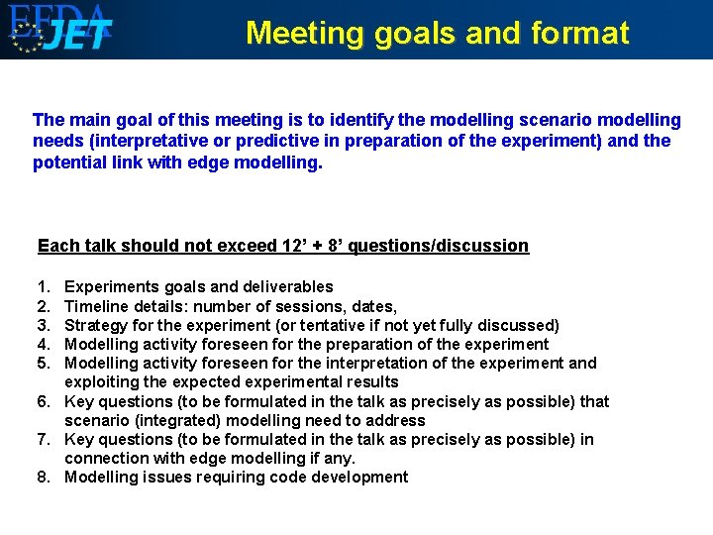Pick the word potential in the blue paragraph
[70, 161]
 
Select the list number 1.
[44, 287]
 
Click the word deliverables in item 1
[281, 287]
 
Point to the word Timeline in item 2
[97, 306]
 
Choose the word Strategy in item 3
[97, 325]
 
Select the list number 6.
[44, 401]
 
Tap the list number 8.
[44, 478]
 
